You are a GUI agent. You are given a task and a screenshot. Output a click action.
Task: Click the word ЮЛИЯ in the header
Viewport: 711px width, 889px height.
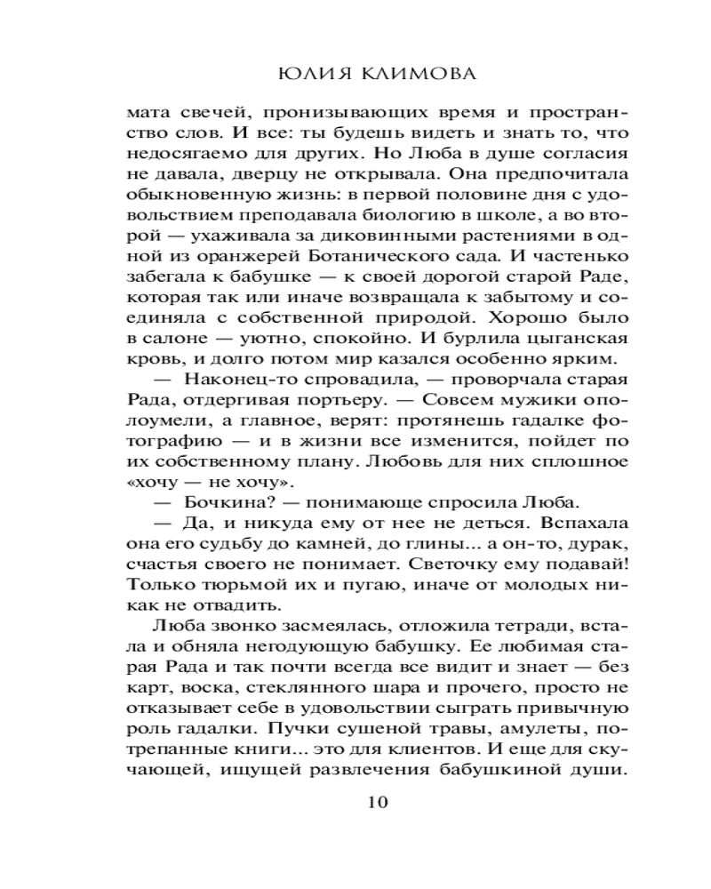(x=306, y=72)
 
